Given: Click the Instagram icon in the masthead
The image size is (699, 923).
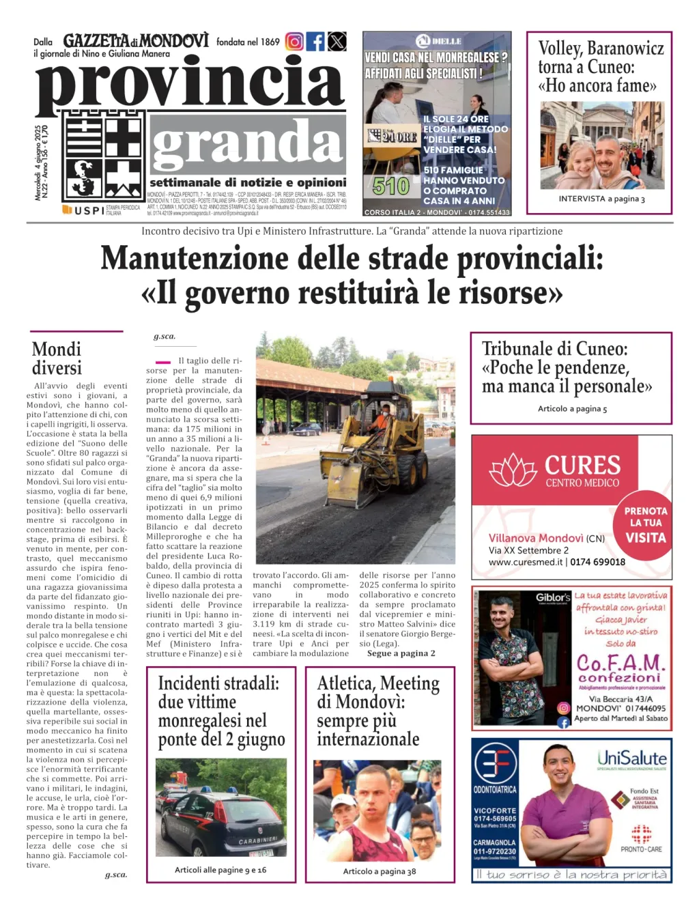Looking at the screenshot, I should [x=294, y=42].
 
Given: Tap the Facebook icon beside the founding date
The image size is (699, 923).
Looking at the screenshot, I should [x=315, y=42].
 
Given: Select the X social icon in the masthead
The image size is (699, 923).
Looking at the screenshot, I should [x=337, y=42].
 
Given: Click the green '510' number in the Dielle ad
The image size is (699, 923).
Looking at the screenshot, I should [x=391, y=186].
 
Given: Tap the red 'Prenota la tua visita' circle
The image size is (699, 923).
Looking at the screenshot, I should [x=645, y=524].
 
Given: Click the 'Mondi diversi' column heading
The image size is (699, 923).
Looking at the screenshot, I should [x=57, y=358].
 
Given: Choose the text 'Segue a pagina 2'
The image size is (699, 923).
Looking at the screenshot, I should [x=401, y=653].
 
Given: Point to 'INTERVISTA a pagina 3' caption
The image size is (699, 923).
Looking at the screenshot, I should [x=601, y=199].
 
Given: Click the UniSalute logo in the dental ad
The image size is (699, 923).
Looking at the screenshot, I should [x=632, y=758].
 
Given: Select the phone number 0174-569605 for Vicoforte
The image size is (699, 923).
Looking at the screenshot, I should [x=495, y=818].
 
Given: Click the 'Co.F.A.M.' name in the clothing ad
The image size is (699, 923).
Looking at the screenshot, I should [x=620, y=662].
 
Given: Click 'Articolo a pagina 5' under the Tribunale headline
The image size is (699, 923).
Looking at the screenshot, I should [x=572, y=408].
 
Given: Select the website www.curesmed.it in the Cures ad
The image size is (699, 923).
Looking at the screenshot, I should [x=525, y=562].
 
